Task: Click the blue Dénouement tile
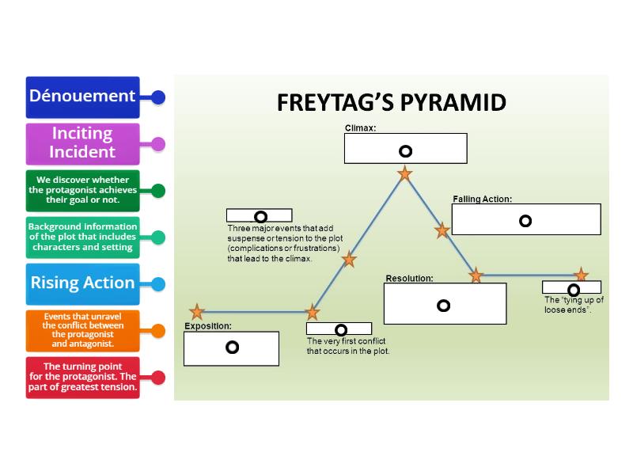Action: (x=82, y=97)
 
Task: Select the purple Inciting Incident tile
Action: (x=82, y=143)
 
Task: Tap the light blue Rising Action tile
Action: (x=82, y=283)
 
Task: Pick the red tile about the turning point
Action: (x=82, y=377)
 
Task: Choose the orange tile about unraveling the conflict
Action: (x=82, y=330)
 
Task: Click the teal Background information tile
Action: (x=82, y=237)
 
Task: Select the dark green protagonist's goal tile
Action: (x=82, y=190)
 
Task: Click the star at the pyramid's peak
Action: (x=404, y=173)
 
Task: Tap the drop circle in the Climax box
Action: (x=405, y=151)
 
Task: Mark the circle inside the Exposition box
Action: (x=232, y=347)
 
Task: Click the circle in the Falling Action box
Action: (x=525, y=221)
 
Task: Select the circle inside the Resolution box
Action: (x=443, y=306)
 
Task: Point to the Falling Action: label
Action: (x=482, y=199)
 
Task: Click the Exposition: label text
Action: (x=208, y=326)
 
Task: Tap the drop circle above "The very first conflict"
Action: (x=341, y=329)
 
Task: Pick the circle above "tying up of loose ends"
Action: (x=574, y=290)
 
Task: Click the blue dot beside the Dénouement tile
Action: (x=158, y=97)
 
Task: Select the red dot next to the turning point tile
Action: (x=158, y=378)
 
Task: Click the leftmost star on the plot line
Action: (x=197, y=312)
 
